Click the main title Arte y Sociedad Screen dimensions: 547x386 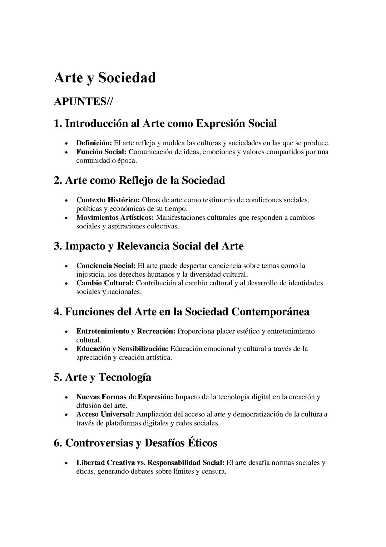(105, 78)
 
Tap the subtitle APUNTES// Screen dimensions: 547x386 (83, 102)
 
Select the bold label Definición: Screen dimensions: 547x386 (94, 143)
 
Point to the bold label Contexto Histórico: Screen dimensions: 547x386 (108, 200)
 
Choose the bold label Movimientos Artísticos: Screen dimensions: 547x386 (115, 217)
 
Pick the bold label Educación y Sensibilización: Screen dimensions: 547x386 (122, 349)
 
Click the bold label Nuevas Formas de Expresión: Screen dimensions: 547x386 (125, 397)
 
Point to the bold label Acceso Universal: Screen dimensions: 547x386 (105, 414)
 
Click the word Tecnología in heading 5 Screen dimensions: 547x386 (125, 377)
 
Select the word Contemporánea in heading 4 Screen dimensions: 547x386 (271, 311)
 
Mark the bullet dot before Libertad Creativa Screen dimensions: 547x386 (66, 463)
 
